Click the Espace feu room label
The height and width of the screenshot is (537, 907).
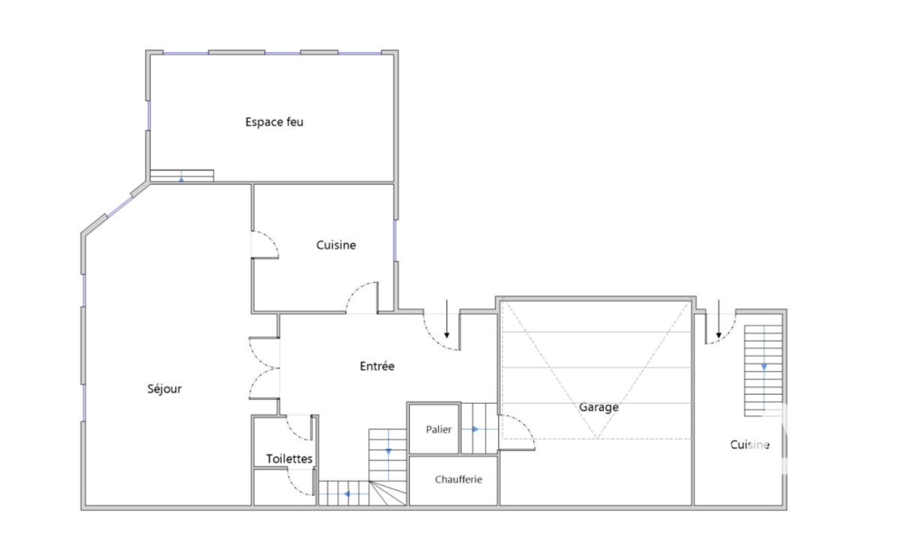(x=274, y=122)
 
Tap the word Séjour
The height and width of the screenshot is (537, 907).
(x=164, y=389)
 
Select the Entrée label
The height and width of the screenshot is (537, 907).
(x=376, y=366)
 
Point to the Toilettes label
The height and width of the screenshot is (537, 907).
(x=289, y=459)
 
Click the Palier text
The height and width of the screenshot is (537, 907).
(x=438, y=429)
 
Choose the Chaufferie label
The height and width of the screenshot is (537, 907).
(x=458, y=479)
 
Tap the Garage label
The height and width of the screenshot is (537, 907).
(x=599, y=407)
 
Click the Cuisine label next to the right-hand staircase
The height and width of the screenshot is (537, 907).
(x=750, y=444)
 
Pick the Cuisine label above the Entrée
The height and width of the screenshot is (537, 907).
(x=336, y=245)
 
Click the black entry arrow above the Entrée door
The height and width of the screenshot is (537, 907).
(x=446, y=319)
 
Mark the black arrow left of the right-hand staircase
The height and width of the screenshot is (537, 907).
(x=718, y=319)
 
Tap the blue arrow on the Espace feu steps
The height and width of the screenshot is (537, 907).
(x=181, y=179)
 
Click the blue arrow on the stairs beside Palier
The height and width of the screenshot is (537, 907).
(x=474, y=429)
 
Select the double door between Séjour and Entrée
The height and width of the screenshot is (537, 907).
(x=265, y=369)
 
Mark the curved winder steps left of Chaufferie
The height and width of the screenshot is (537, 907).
(x=388, y=493)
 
